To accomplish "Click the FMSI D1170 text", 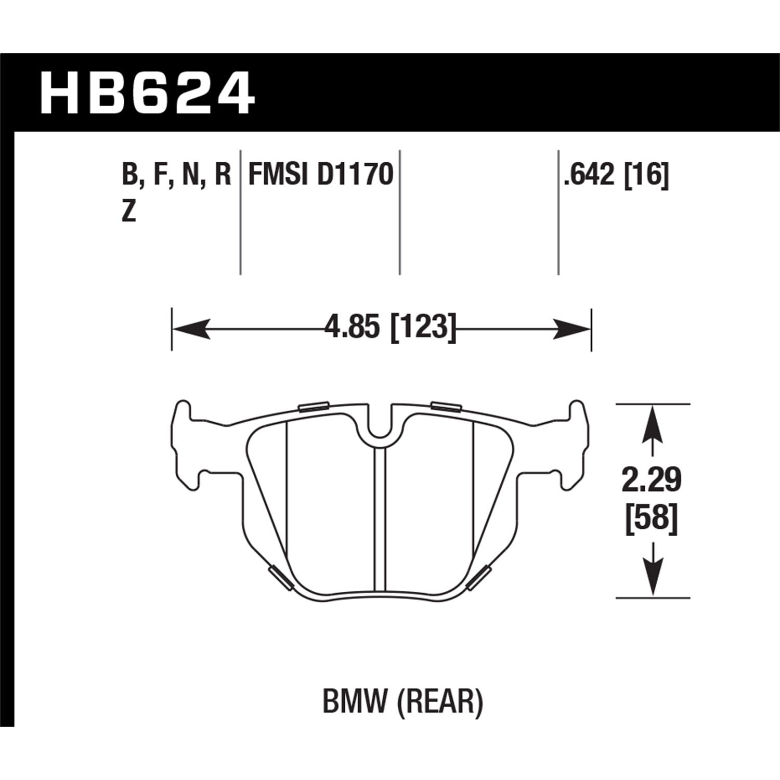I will pos(320,175).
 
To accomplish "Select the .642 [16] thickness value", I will pos(615,175).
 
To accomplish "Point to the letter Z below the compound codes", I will pos(128,213).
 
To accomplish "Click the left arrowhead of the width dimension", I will pos(190,329).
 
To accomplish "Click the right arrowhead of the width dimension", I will pos(573,329).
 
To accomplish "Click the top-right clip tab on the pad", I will pos(446,407).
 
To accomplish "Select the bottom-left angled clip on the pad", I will pos(280,578).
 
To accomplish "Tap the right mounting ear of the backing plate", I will pos(577,442).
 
